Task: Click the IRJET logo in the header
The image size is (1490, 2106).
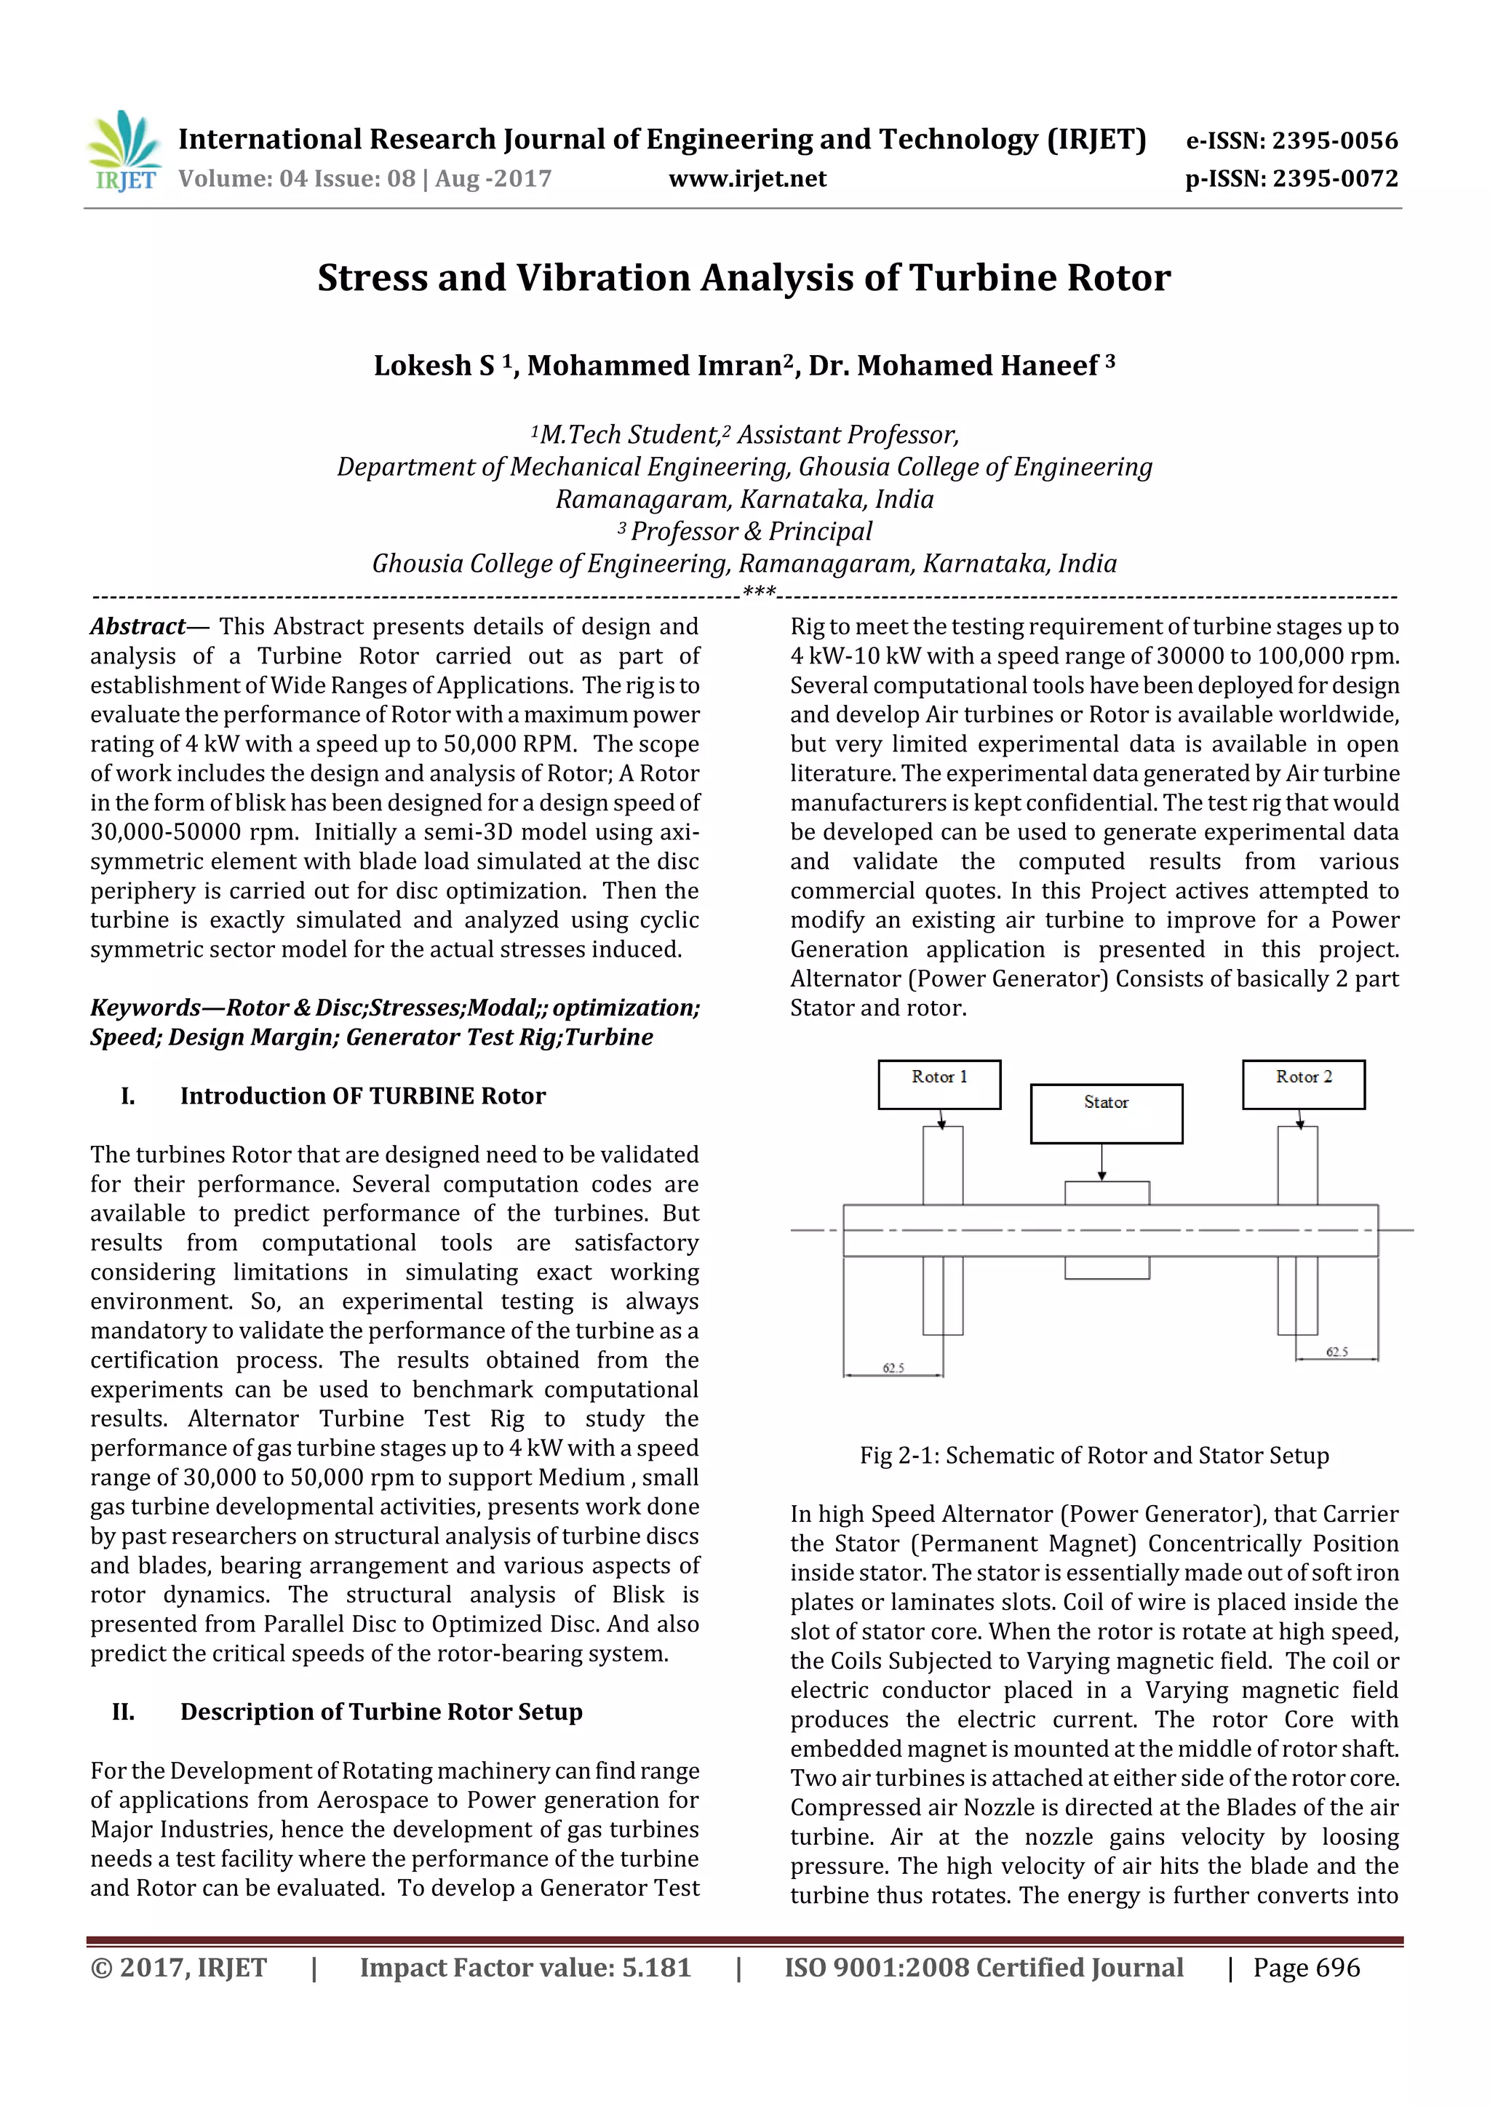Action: tap(124, 152)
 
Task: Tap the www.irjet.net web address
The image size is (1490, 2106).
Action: tap(747, 179)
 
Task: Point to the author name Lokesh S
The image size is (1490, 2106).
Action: tap(434, 366)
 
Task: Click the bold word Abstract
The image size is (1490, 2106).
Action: tap(138, 626)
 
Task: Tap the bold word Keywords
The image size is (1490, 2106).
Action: tap(145, 1008)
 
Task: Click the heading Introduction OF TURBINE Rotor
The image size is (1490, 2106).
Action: tap(362, 1096)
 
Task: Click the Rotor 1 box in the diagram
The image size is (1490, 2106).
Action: tap(939, 1084)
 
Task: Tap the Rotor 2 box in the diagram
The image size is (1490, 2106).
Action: tap(1303, 1084)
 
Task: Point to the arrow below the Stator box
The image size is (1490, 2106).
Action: tap(1102, 1162)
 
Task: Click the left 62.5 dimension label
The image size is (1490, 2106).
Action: tap(893, 1368)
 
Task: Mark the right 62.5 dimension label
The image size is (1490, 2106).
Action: tap(1336, 1352)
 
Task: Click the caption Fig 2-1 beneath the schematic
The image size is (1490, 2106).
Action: tap(1093, 1456)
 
